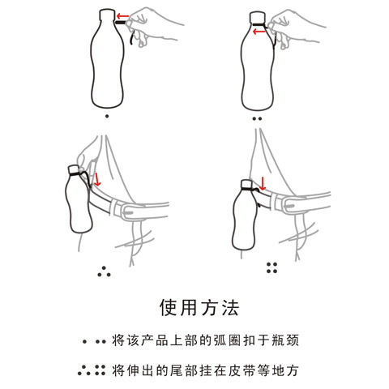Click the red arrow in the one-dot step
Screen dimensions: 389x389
122,15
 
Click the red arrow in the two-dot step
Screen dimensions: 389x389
259,32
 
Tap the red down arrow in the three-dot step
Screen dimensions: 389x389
97,179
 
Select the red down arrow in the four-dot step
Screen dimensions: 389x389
263,184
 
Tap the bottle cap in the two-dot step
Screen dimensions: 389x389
257,17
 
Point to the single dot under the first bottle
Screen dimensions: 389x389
107,116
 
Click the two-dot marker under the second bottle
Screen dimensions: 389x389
257,118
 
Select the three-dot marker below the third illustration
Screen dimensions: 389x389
105,271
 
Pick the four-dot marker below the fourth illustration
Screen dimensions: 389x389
271,267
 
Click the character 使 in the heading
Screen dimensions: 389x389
169,308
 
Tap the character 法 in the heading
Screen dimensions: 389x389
230,308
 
